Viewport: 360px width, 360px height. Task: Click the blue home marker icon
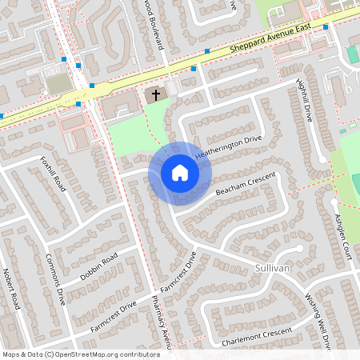pyautogui.click(x=179, y=172)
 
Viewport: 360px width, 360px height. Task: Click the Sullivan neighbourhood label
pyautogui.click(x=272, y=267)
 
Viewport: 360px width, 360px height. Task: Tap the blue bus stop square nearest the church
pyautogui.click(x=194, y=69)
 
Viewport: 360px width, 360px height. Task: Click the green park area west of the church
pyautogui.click(x=128, y=132)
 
